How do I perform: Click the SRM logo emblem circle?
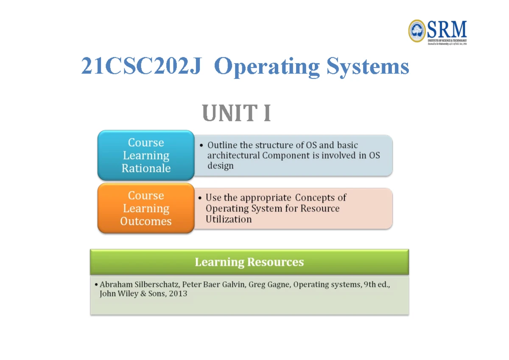[x=417, y=31]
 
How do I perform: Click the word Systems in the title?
[x=368, y=67]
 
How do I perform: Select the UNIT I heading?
[x=237, y=114]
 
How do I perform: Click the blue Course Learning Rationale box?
[x=146, y=155]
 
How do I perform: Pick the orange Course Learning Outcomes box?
[x=146, y=208]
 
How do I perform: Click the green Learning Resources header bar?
[x=249, y=262]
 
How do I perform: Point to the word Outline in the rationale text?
[x=222, y=145]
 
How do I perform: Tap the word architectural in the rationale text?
[x=233, y=155]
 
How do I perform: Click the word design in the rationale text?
[x=220, y=166]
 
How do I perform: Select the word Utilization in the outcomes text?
[x=228, y=219]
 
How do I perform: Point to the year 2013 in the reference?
[x=178, y=294]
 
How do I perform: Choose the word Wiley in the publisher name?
[x=128, y=294]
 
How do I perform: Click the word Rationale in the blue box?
[x=146, y=169]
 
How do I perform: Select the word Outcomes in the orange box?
[x=146, y=222]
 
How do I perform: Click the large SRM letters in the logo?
[x=447, y=30]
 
